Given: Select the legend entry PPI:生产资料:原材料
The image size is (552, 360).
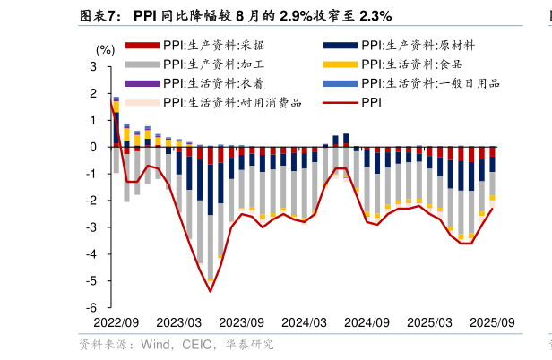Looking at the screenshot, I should [x=418, y=45].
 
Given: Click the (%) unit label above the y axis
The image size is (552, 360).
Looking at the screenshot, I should [x=105, y=51].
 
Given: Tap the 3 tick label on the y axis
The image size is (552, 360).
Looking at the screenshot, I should [x=93, y=67].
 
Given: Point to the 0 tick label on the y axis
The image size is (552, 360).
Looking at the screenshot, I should [x=93, y=147].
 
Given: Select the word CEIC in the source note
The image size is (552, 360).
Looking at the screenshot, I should [x=198, y=344].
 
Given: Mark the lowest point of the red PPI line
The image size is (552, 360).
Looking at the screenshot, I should [x=211, y=291].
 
